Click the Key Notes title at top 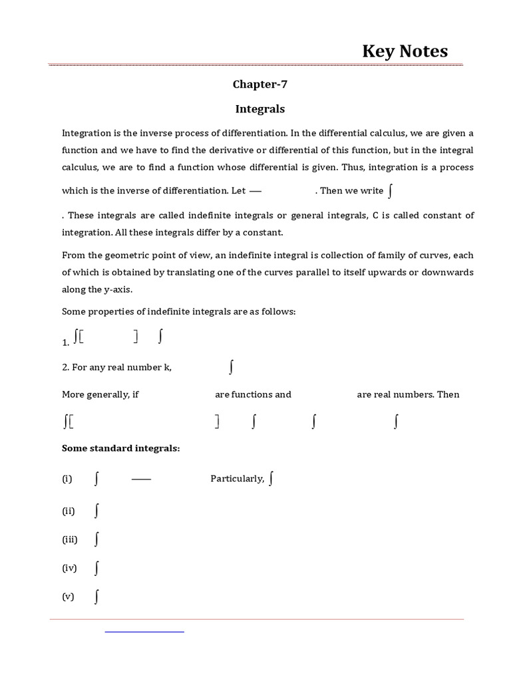coord(405,51)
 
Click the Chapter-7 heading coord(259,84)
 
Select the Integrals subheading coord(259,108)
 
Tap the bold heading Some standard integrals coord(120,448)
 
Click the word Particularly coord(237,479)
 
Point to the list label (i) coord(67,479)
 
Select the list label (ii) coord(69,511)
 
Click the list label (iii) coord(70,539)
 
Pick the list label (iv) coord(69,568)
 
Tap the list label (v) coord(68,597)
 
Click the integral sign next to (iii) coord(96,539)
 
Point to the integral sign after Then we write coord(391,190)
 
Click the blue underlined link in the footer coord(144,630)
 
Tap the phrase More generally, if coord(100,394)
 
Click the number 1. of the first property coord(65,342)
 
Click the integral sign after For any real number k coord(231,366)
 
